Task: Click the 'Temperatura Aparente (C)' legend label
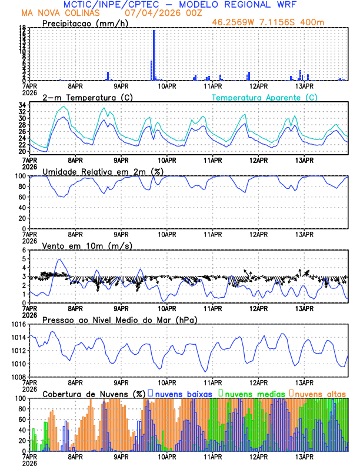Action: coord(264,97)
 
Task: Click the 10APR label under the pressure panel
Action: coord(166,382)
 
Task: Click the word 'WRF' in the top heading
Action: coord(292,4)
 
